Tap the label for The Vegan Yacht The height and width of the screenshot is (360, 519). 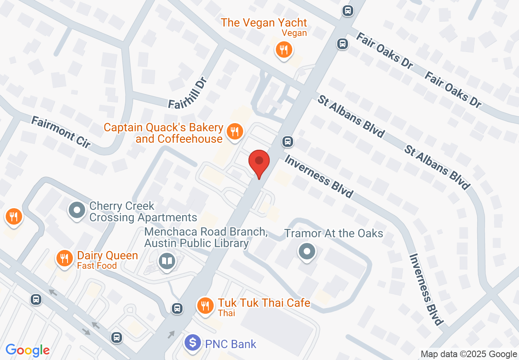tap(264, 22)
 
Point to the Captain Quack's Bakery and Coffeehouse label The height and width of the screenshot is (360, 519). tap(164, 133)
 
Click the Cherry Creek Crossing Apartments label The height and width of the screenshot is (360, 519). tap(143, 211)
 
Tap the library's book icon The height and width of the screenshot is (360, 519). tap(167, 261)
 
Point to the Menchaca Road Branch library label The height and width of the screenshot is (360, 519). tap(205, 237)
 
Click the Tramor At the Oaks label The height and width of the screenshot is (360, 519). tap(334, 234)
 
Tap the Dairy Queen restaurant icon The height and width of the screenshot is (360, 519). tap(64, 259)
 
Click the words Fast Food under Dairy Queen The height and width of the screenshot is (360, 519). tap(97, 266)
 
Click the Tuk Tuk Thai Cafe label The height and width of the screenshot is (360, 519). tap(264, 303)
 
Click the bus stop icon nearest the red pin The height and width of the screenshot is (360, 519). tap(288, 142)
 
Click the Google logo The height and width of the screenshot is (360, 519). tap(27, 350)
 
